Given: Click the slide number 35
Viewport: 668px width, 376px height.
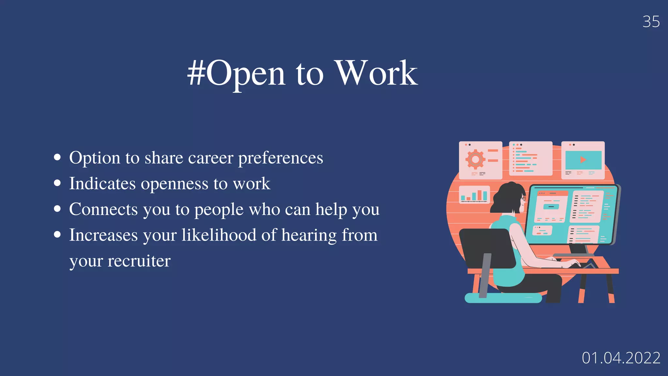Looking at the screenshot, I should click(651, 22).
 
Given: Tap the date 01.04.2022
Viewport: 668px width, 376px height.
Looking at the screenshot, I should click(621, 358).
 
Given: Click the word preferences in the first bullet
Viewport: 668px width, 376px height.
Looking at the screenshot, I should click(281, 158).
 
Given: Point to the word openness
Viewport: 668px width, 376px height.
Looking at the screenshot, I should click(175, 184).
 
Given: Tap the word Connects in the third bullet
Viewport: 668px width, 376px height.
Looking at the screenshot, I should click(103, 209).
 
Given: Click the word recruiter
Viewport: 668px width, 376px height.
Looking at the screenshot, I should click(139, 261).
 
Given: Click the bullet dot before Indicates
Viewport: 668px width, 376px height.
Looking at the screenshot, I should click(57, 183).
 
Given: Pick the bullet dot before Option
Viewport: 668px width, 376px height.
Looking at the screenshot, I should click(57, 157).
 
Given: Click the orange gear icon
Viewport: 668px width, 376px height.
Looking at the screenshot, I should click(475, 159).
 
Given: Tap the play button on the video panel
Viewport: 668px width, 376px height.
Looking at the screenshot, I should click(583, 160).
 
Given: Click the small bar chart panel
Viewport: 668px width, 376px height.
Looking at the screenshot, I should click(474, 195).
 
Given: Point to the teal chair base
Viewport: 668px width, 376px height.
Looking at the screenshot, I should click(503, 298).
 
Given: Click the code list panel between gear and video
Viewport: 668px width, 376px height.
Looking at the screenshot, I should click(531, 159).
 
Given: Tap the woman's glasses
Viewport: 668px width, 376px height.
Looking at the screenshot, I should click(524, 198).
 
